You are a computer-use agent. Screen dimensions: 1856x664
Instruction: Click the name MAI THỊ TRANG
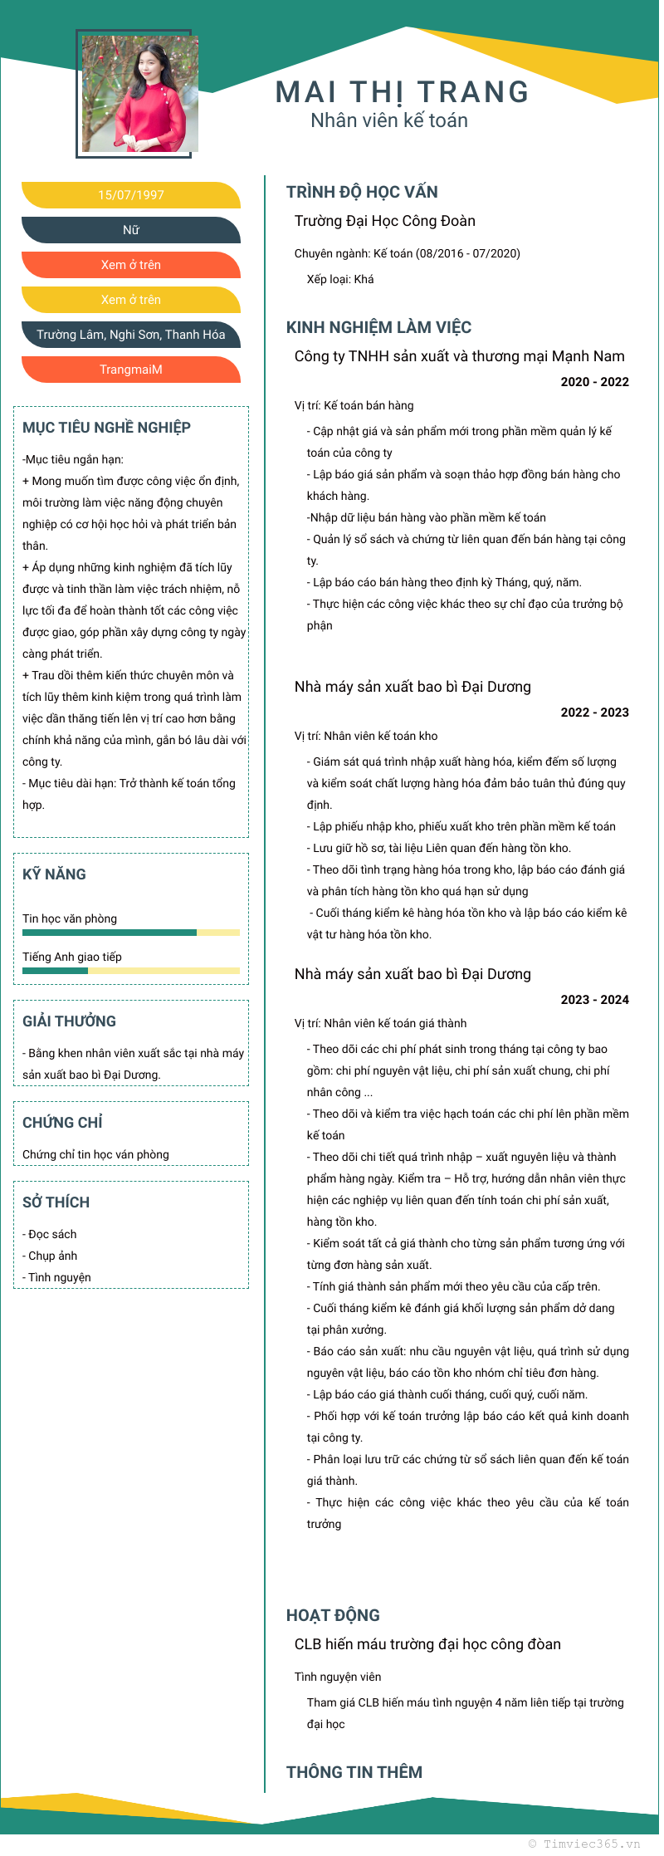[x=402, y=92]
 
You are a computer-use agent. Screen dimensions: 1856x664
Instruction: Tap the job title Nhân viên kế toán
[x=389, y=121]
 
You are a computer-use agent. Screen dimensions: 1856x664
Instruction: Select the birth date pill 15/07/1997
[x=131, y=195]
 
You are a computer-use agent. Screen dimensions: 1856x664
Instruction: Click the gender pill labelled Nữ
[x=131, y=230]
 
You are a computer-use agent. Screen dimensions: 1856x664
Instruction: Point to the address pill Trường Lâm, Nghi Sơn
[x=131, y=335]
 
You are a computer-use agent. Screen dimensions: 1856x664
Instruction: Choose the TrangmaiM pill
[x=131, y=370]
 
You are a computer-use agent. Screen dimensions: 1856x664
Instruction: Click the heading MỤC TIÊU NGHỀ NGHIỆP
[x=106, y=428]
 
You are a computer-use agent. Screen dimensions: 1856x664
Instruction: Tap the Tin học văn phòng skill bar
[x=131, y=933]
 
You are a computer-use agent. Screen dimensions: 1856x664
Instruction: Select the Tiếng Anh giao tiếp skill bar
[x=131, y=971]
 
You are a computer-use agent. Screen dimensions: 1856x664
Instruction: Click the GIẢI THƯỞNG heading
[x=69, y=1021]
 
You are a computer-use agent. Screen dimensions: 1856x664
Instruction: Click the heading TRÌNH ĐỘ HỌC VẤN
[x=362, y=192]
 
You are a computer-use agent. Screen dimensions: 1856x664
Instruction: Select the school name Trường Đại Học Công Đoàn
[x=385, y=221]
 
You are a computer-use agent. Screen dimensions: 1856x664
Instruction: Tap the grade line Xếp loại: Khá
[x=340, y=279]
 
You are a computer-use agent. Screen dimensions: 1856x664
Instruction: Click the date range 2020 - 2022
[x=594, y=382]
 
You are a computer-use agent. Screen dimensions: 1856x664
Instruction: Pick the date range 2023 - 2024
[x=594, y=1000]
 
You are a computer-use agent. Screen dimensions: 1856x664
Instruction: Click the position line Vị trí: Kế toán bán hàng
[x=354, y=405]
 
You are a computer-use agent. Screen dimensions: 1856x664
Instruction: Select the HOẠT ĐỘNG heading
[x=333, y=1615]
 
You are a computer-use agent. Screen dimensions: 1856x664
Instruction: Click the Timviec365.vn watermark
[x=584, y=1843]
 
